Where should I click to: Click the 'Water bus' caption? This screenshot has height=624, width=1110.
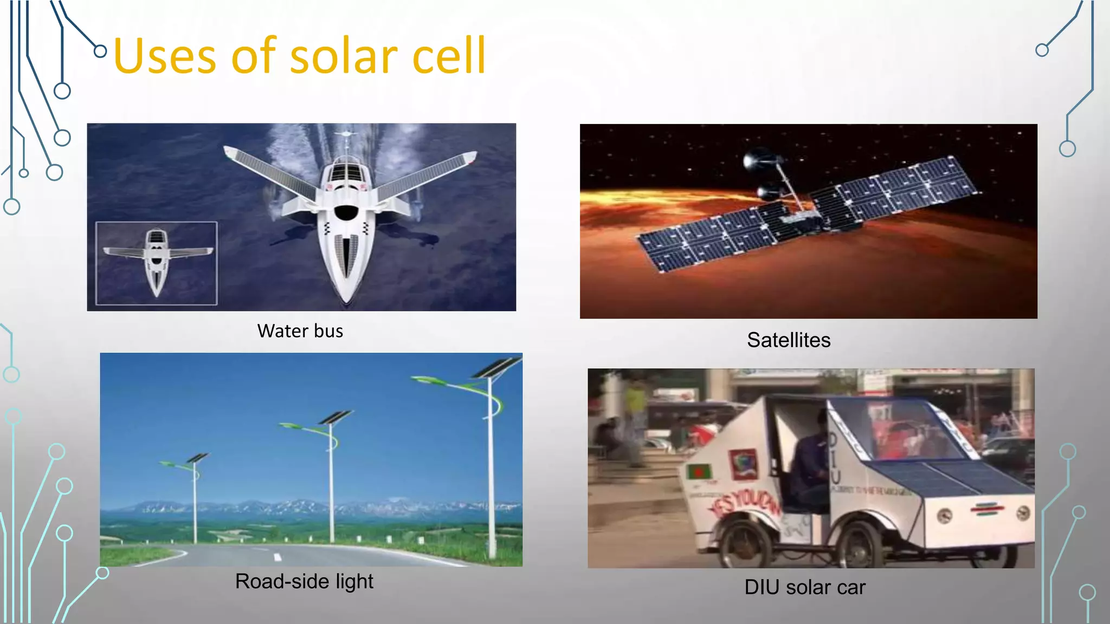tap(300, 331)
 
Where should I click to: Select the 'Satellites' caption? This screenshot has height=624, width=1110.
tap(788, 340)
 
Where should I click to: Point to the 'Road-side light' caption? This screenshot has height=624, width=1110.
tap(304, 581)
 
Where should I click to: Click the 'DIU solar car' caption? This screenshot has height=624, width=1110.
tap(804, 587)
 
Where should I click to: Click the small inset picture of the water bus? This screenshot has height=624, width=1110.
tap(157, 263)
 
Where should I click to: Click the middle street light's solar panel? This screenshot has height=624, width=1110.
tap(337, 417)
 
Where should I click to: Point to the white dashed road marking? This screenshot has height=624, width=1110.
tap(277, 557)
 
